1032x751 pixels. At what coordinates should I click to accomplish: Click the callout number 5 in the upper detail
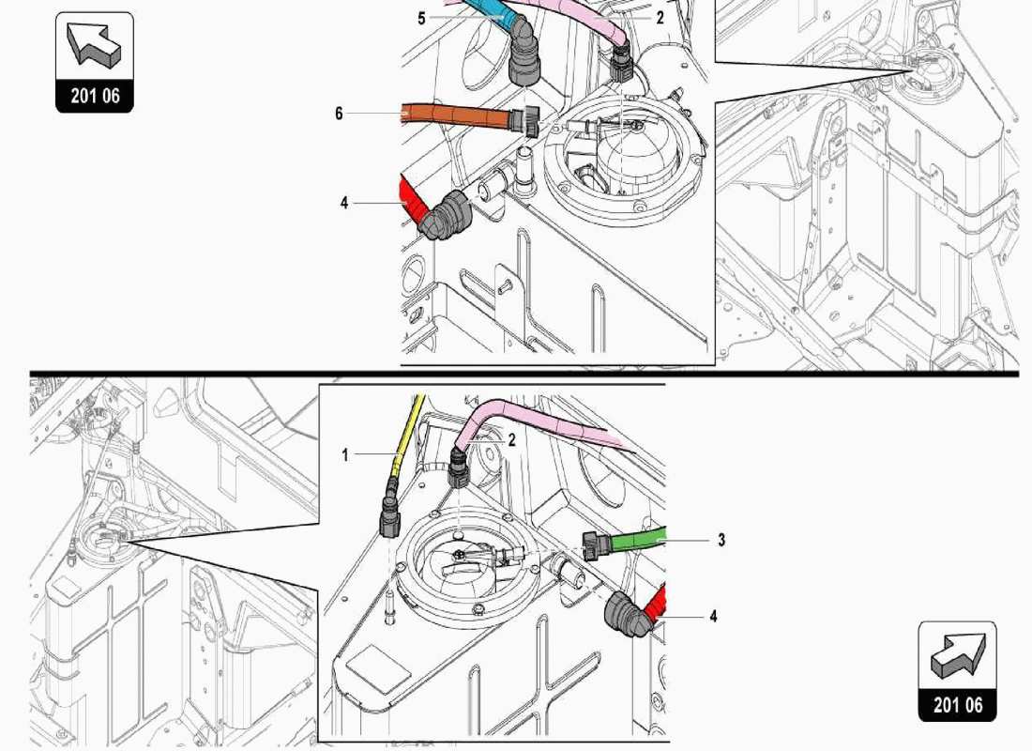point(422,18)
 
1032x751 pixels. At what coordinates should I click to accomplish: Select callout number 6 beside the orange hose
point(339,114)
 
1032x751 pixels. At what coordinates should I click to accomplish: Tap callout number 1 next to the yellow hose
point(345,454)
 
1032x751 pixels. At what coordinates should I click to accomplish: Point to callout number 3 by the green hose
point(721,540)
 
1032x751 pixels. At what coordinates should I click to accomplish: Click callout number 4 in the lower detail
point(713,617)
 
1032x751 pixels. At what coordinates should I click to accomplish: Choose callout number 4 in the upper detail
point(344,202)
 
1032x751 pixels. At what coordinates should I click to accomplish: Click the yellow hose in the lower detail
point(406,432)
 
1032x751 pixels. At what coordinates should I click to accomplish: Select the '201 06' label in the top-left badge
point(94,96)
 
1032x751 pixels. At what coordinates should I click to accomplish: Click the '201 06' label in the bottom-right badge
point(957,705)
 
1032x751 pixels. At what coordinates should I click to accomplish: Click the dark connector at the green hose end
point(593,544)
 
